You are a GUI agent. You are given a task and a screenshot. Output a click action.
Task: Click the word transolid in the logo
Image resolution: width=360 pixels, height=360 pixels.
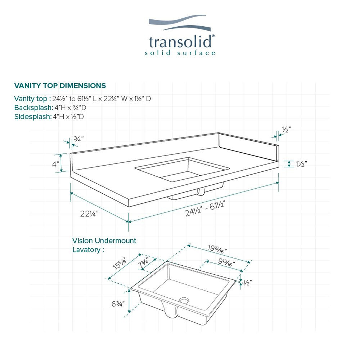tap(180, 42)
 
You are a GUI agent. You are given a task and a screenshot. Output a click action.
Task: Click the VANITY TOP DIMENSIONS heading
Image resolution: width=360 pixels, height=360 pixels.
tap(60, 86)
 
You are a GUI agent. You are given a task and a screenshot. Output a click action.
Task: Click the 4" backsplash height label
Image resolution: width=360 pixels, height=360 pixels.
tap(55, 164)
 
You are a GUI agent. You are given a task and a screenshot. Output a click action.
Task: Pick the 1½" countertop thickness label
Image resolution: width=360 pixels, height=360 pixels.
tap(301, 164)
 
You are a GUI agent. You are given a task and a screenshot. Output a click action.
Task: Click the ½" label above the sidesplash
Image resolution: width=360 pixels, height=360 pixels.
tap(286, 130)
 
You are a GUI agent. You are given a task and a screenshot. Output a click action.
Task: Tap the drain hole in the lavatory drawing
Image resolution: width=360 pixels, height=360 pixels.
tap(185, 300)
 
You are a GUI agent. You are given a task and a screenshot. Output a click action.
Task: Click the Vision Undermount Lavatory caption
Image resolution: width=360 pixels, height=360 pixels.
tap(104, 245)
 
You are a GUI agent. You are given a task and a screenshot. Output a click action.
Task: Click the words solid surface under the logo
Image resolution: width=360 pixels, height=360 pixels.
tap(180, 53)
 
